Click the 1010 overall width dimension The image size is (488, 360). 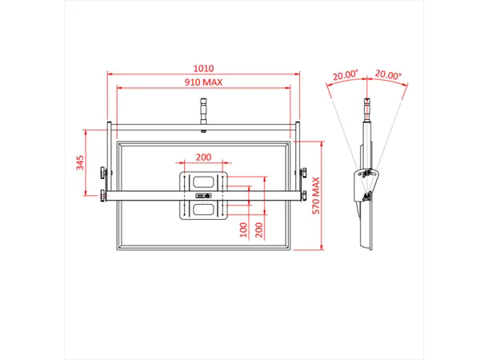[x=203, y=69]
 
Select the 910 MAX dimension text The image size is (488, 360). [x=203, y=82]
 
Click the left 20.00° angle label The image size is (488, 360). [x=346, y=74]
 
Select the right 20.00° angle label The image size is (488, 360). [x=389, y=74]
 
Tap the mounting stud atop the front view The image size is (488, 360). [x=203, y=107]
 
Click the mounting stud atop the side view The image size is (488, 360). [x=367, y=107]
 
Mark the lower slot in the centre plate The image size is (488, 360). [x=203, y=209]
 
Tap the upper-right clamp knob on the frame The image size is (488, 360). [x=303, y=170]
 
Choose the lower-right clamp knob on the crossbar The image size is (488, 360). [x=303, y=194]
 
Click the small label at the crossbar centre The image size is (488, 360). [x=203, y=194]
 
